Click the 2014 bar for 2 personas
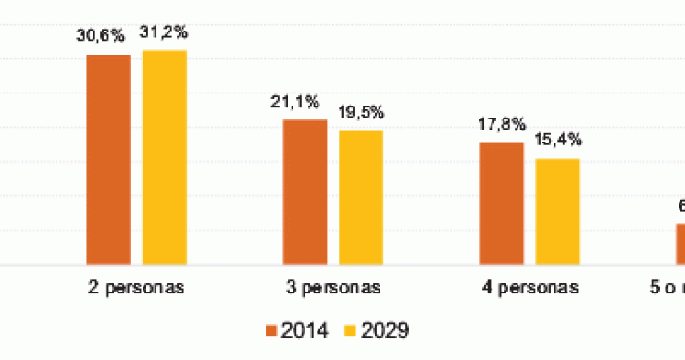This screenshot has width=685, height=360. click(x=108, y=159)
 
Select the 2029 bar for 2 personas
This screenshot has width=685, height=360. click(x=164, y=157)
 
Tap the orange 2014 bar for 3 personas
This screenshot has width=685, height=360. click(x=305, y=192)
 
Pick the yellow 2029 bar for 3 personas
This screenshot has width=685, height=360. click(x=360, y=197)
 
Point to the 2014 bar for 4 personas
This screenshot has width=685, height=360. click(x=501, y=204)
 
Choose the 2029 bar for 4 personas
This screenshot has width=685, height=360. click(x=557, y=212)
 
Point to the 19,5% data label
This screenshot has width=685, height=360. click(x=361, y=113)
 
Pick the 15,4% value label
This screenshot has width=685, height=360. click(x=558, y=141)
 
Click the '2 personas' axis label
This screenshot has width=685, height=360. click(x=136, y=287)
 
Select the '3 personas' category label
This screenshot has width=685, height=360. click(x=332, y=287)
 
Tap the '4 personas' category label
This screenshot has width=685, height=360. click(x=529, y=287)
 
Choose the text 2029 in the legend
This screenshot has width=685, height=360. click(x=386, y=329)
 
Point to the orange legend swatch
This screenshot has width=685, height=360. click(x=272, y=329)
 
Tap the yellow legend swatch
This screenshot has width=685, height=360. click(x=350, y=329)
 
